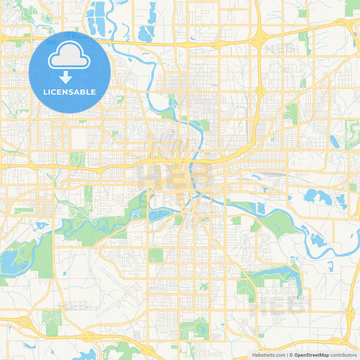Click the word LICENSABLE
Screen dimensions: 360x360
coord(70,92)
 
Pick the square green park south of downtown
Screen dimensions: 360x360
coord(156,255)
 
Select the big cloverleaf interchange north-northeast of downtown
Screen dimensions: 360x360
coord(257,38)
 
